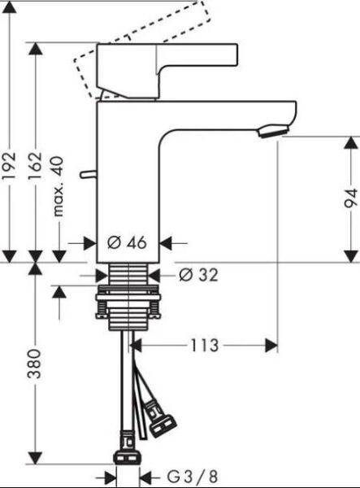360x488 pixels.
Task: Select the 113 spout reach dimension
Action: [x=205, y=346]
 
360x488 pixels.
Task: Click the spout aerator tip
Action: [x=275, y=130]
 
